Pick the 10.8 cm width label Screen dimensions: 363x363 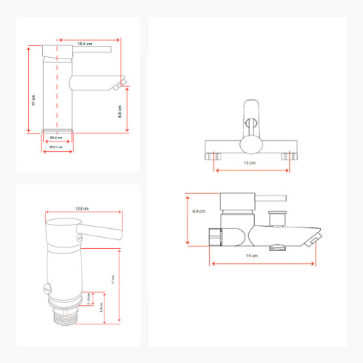(x=82, y=208)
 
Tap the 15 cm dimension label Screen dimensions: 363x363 (x=252, y=162)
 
